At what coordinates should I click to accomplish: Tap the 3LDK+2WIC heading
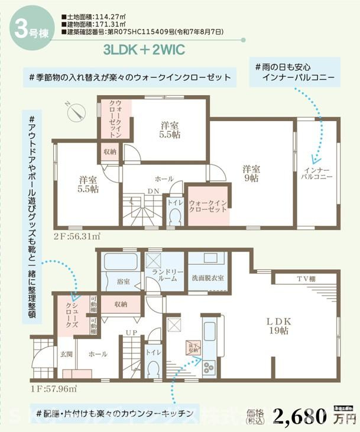click(x=144, y=49)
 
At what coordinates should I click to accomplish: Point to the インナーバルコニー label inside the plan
click(x=315, y=172)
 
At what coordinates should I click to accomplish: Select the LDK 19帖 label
click(x=278, y=326)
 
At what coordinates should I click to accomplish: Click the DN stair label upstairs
click(x=153, y=191)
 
